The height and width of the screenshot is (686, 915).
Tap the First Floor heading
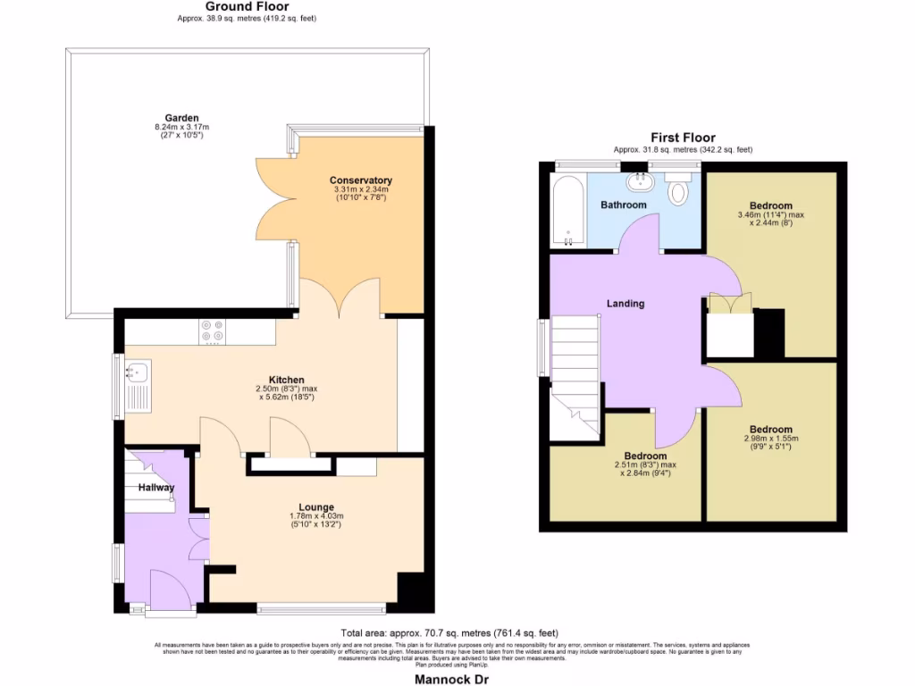(x=683, y=138)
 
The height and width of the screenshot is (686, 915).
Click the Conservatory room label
(x=360, y=180)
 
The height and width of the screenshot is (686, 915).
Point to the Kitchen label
(x=287, y=379)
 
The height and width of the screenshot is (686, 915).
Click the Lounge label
(x=316, y=506)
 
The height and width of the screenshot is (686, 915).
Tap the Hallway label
(x=155, y=488)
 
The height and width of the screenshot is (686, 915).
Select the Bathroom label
(x=623, y=205)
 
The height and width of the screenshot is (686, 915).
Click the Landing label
(x=625, y=304)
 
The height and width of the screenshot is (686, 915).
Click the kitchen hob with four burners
(x=213, y=331)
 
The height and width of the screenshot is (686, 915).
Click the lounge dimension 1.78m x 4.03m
(x=316, y=520)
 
